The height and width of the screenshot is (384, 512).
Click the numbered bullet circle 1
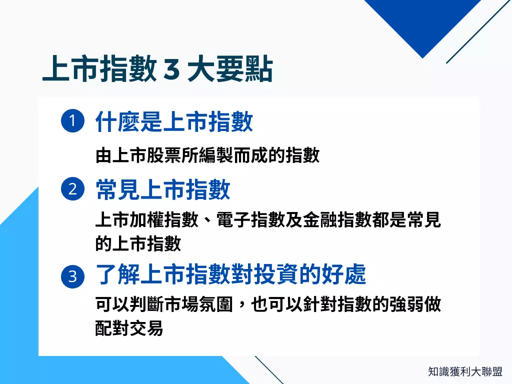point(72,122)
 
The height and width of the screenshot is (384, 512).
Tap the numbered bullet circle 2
point(72,189)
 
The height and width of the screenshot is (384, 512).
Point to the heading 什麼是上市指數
point(174,122)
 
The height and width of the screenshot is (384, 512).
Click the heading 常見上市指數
point(163,190)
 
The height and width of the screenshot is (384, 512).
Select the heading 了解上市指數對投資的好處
point(230,275)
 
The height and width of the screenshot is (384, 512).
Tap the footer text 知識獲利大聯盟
point(465,371)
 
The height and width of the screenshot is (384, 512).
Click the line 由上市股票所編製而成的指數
point(207,155)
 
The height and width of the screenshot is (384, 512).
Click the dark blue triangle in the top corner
point(420,20)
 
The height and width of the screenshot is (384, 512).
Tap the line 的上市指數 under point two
point(137,243)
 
